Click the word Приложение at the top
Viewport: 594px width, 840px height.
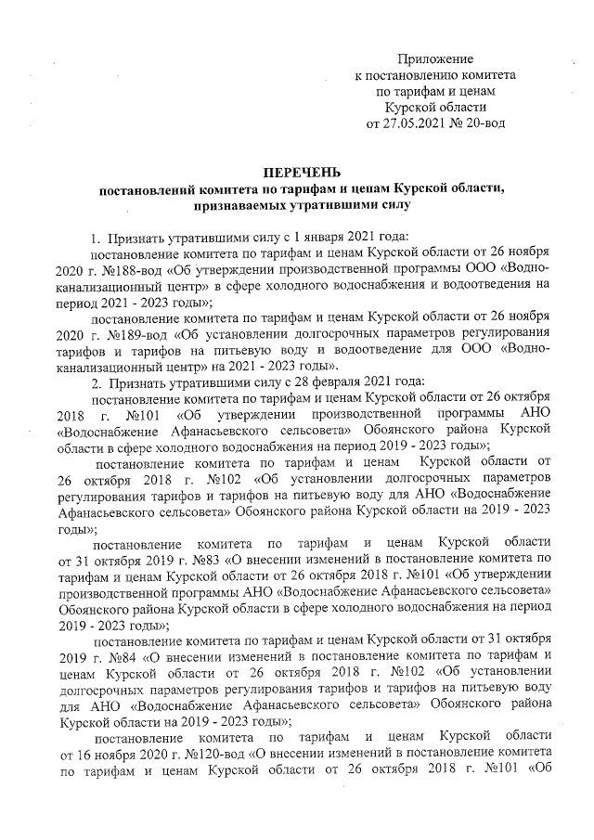click(x=435, y=59)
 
